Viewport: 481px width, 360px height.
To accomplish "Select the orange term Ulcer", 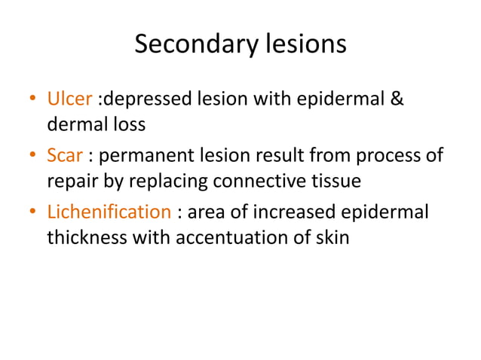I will click(x=69, y=99).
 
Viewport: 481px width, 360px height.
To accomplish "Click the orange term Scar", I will click(x=64, y=156).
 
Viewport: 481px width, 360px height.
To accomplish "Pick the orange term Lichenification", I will click(x=109, y=212).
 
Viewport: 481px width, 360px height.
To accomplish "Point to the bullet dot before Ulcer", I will click(x=32, y=100).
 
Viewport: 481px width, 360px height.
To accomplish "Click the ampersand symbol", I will click(x=397, y=99).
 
